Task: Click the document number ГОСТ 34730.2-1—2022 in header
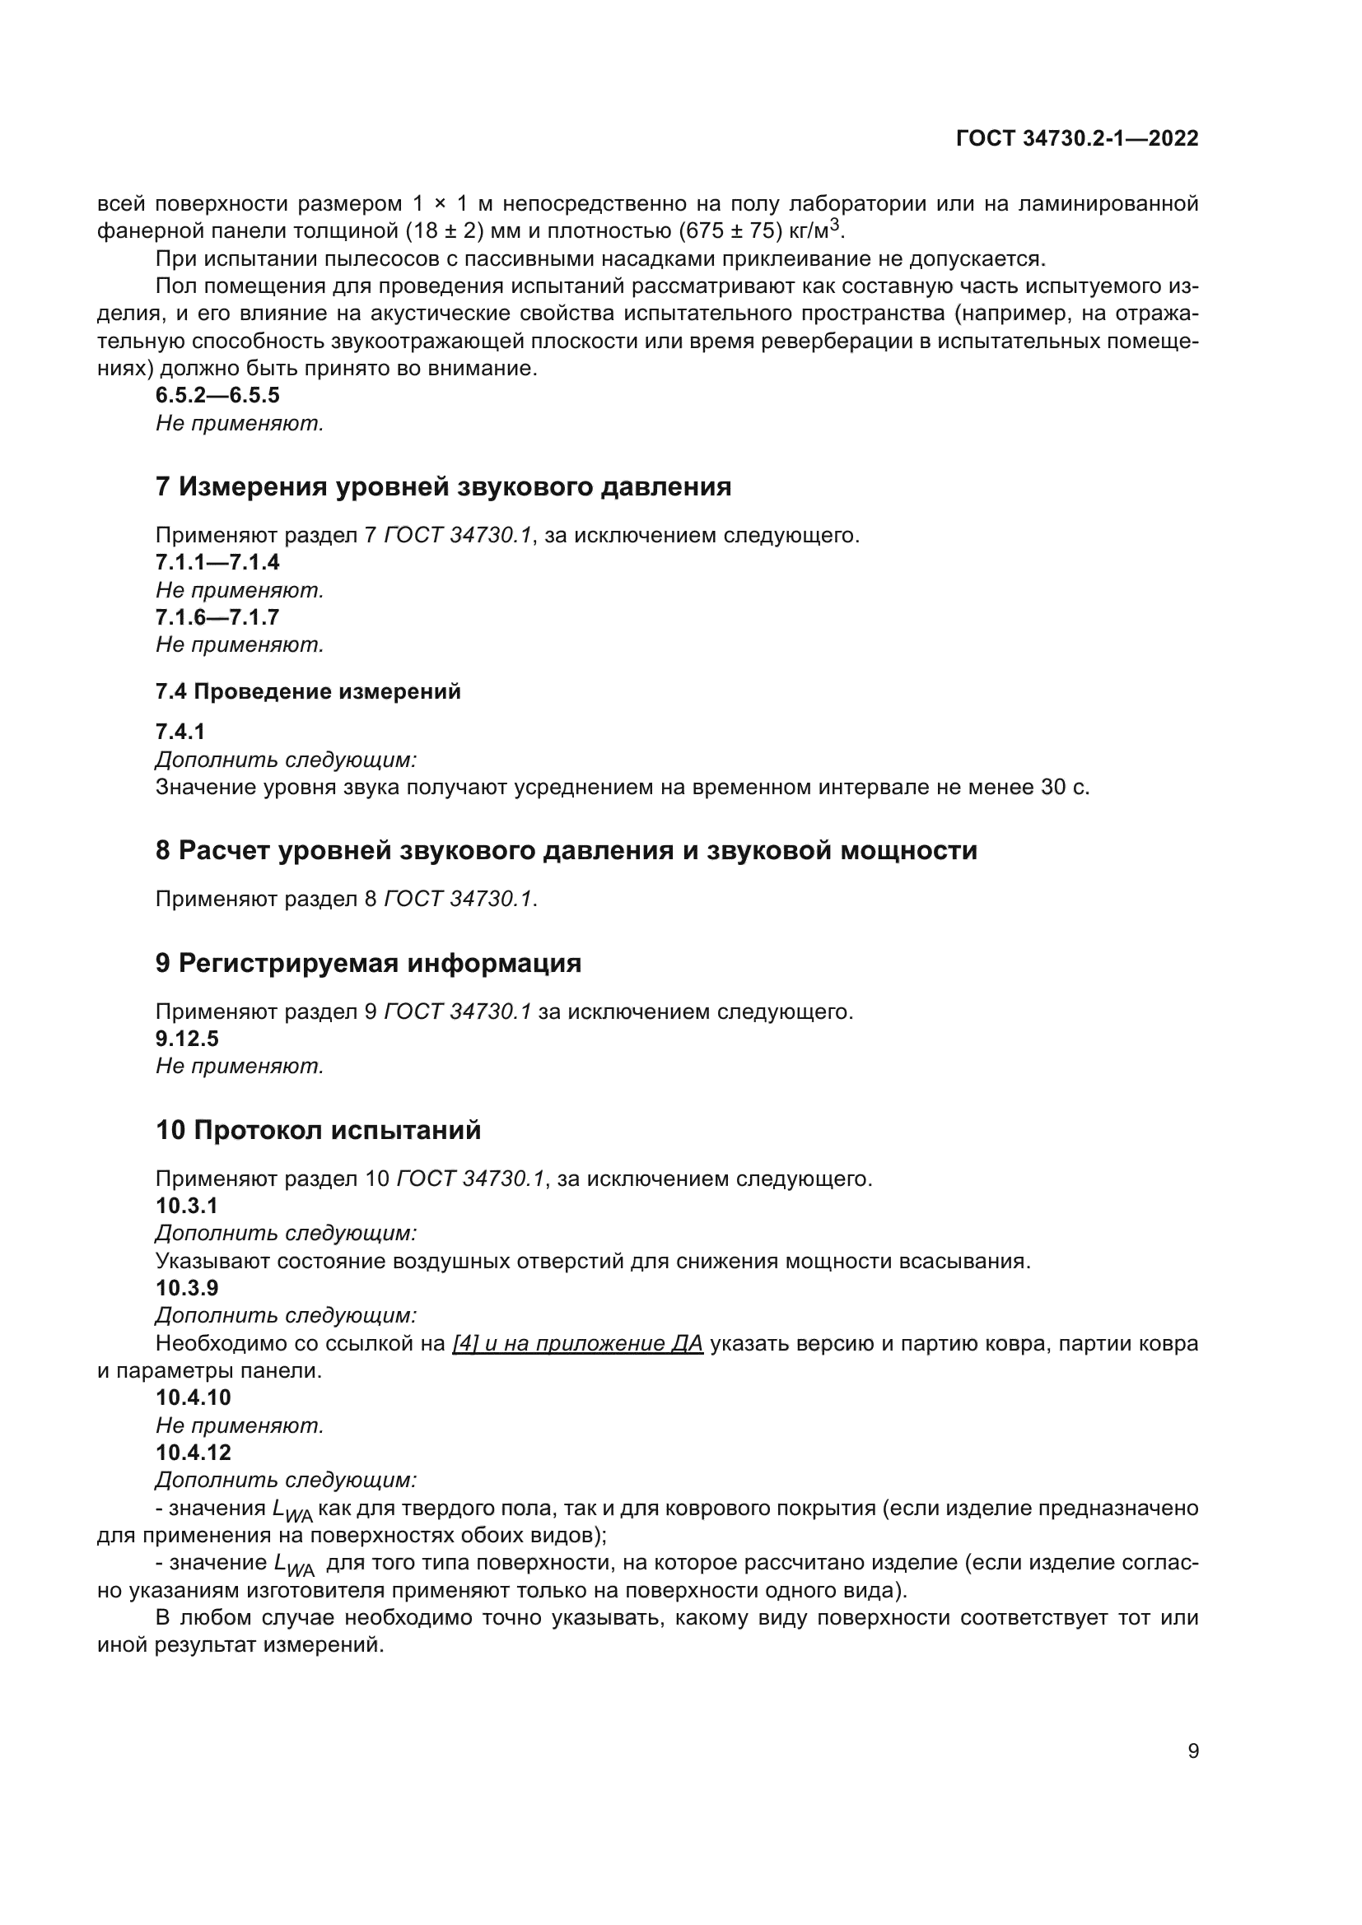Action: (1077, 138)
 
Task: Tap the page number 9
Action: (1192, 1751)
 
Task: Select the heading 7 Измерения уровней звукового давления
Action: (443, 486)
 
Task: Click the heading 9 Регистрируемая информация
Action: (368, 964)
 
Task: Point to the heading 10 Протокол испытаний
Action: (319, 1130)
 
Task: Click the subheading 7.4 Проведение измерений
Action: (308, 691)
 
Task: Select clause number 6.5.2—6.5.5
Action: (217, 395)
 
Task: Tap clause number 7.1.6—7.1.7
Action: (217, 618)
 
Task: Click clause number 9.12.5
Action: (187, 1039)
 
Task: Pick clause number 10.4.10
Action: (193, 1397)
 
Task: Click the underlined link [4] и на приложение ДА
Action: (577, 1344)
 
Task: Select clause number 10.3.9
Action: (187, 1288)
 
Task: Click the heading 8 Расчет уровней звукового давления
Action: (566, 850)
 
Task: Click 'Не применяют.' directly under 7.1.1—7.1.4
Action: (240, 590)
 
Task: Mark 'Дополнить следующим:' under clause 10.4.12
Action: (286, 1480)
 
